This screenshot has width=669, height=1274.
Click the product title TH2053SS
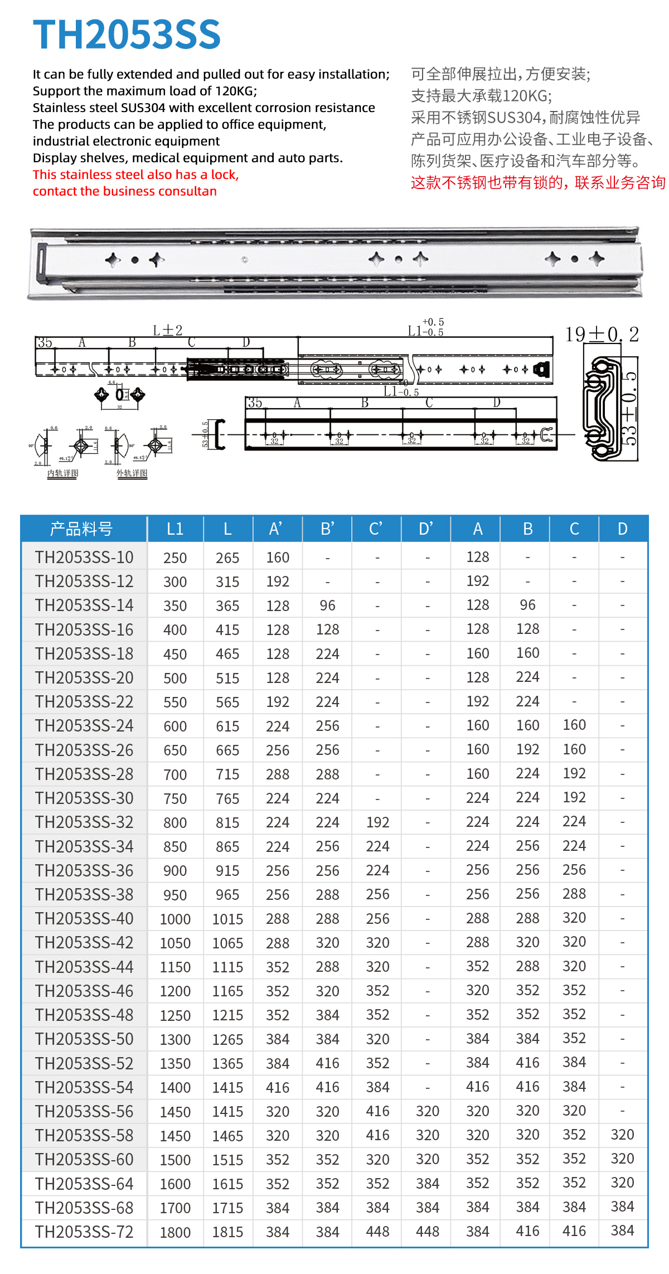(x=127, y=35)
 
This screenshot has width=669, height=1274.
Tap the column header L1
(x=175, y=529)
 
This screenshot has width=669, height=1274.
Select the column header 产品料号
(x=81, y=529)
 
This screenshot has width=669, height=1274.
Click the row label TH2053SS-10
(x=84, y=557)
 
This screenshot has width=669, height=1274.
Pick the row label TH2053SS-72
(x=84, y=1232)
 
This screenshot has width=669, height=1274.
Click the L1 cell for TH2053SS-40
(x=175, y=919)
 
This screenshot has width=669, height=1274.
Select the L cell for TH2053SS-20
(x=227, y=678)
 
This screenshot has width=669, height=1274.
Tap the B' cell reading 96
(x=327, y=605)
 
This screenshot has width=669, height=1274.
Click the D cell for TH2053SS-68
(x=622, y=1207)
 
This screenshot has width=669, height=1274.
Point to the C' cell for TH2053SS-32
(x=377, y=822)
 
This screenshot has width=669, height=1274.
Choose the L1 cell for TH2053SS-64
(x=175, y=1184)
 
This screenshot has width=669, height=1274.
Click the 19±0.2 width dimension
(x=602, y=335)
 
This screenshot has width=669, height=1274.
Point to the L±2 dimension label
(x=167, y=331)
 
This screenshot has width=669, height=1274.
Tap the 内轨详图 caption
(x=62, y=473)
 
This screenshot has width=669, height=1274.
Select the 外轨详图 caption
(x=132, y=473)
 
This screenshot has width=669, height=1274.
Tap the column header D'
(x=426, y=529)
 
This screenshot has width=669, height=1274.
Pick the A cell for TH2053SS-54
(x=478, y=1087)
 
